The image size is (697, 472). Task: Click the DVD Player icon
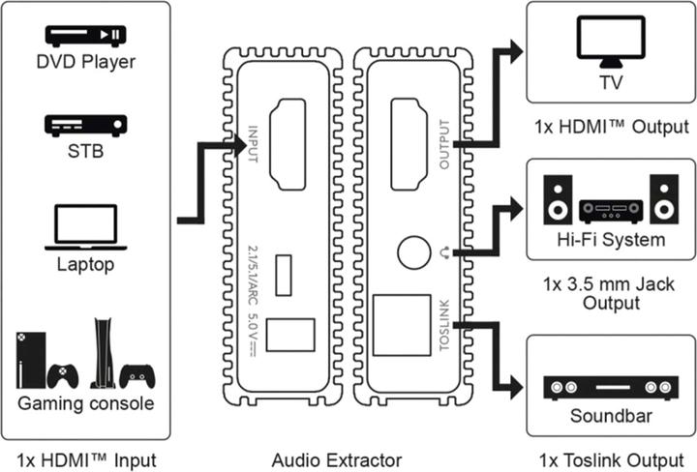tap(85, 36)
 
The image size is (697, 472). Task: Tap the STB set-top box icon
tap(85, 126)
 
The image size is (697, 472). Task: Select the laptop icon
tap(85, 224)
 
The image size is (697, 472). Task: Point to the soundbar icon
tap(610, 388)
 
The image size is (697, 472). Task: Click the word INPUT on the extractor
tap(253, 143)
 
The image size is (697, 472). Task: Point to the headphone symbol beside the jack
tap(445, 254)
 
